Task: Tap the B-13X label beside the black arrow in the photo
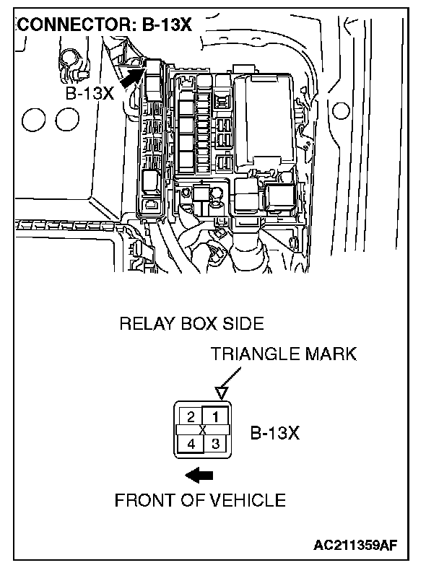[x=90, y=94]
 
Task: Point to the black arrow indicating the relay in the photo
[x=131, y=76]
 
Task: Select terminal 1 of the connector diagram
[x=215, y=416]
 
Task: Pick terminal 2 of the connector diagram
[x=190, y=416]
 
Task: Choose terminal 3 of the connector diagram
[x=215, y=443]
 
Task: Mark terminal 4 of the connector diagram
[x=191, y=444]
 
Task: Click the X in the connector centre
[x=203, y=430]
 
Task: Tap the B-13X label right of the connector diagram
[x=275, y=434]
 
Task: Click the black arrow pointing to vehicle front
[x=199, y=474]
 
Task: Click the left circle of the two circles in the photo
[x=35, y=118]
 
